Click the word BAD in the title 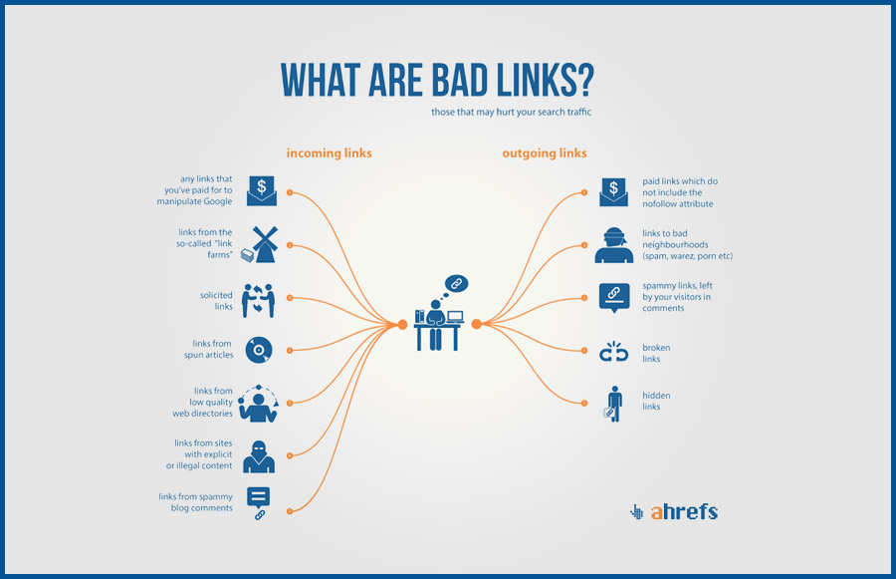click(x=461, y=80)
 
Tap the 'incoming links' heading click(x=330, y=153)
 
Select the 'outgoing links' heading click(x=545, y=153)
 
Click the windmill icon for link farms click(x=260, y=244)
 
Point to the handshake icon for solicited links click(x=258, y=300)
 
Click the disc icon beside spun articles click(x=259, y=350)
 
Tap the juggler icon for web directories click(x=258, y=404)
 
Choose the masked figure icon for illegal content click(x=259, y=456)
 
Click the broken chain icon click(x=613, y=352)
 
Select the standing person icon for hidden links click(x=613, y=404)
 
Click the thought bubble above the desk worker click(x=456, y=284)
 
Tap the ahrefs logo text click(x=684, y=511)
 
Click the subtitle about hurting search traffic click(x=511, y=113)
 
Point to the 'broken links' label click(x=656, y=353)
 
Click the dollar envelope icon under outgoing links click(x=613, y=191)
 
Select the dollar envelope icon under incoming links click(x=262, y=190)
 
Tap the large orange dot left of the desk click(x=402, y=325)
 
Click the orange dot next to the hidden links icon click(x=584, y=404)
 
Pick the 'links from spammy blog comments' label click(x=196, y=502)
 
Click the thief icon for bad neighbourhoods click(x=613, y=245)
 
